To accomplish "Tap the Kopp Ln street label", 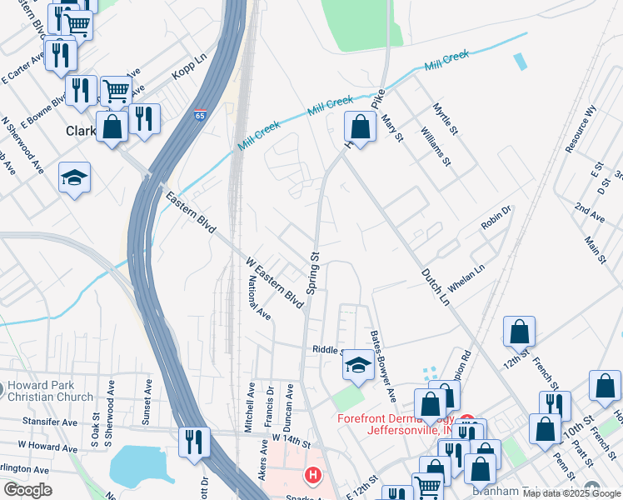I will click(188, 64).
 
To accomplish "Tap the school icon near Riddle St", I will click(357, 365).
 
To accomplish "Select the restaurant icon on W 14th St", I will click(194, 441).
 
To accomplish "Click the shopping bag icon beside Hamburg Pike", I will click(360, 127).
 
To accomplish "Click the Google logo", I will click(28, 490).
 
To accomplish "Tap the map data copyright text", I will click(571, 493).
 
